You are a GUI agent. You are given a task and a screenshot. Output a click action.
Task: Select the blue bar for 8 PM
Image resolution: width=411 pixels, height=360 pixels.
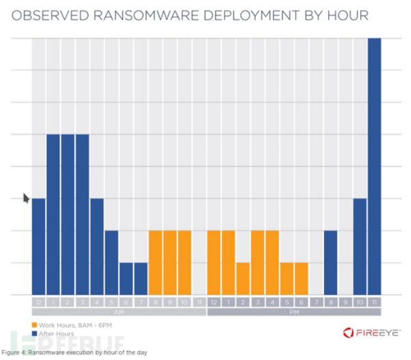coord(331,262)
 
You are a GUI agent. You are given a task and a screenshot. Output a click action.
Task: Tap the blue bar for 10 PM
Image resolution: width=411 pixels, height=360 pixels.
coord(360,246)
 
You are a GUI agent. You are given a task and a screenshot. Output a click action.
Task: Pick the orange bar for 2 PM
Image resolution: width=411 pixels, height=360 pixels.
coord(242,278)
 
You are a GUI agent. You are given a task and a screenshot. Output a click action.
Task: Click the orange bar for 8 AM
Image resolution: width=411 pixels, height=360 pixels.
coord(155,262)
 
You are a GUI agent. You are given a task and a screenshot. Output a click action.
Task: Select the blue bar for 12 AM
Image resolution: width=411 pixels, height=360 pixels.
coord(38,246)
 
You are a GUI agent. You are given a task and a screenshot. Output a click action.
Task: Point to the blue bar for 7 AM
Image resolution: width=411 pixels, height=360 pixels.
coord(141,278)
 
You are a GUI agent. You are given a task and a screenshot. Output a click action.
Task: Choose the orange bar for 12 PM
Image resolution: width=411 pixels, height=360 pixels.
coord(214,262)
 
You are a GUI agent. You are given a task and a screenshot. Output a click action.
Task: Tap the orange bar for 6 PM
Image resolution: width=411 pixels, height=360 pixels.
coord(301,278)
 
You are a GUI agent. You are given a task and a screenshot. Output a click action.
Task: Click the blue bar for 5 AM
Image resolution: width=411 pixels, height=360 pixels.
coord(112,262)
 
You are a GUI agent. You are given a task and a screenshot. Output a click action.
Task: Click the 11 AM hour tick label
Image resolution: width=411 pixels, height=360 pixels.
coord(199,302)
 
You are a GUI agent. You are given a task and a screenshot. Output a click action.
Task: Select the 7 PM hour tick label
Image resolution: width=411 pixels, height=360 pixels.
coord(316,302)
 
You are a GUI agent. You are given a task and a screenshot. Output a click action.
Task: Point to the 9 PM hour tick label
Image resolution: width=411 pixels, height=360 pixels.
coord(345,302)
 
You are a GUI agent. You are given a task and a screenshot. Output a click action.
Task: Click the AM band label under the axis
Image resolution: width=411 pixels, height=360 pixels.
coord(119,311)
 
